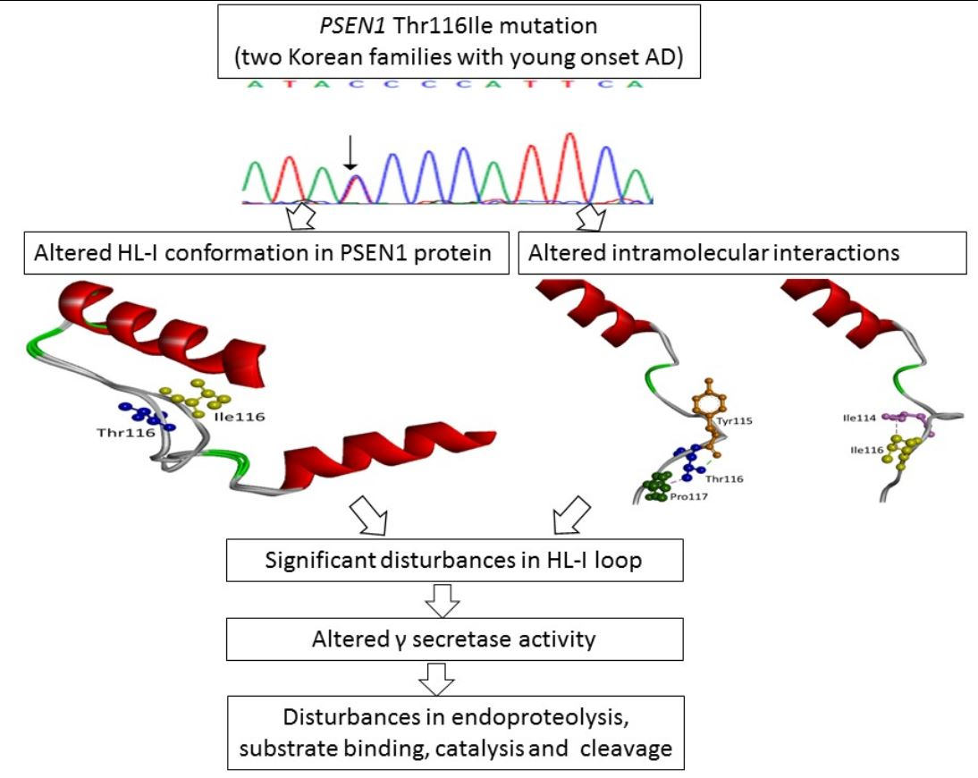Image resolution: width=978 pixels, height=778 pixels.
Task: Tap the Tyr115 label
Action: pos(736,421)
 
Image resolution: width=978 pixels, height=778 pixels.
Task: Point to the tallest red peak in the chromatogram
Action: pos(569,165)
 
